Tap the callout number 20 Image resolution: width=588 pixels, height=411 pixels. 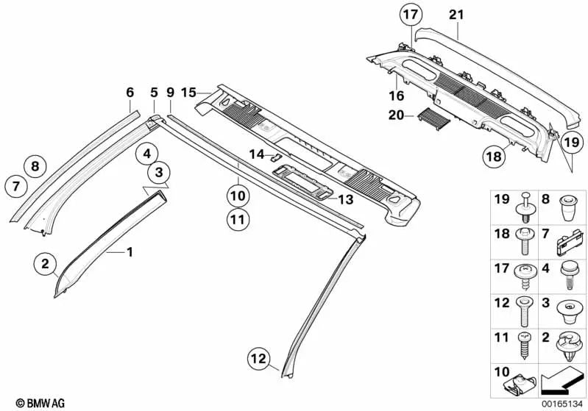[395, 115]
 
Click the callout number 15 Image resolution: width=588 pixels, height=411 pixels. [188, 93]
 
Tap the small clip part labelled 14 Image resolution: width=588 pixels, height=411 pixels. [274, 156]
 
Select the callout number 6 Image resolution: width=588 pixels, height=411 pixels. [130, 93]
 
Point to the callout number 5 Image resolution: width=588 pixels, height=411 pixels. [154, 93]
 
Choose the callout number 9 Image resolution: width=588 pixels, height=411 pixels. [170, 93]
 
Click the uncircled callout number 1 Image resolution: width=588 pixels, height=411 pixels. [130, 252]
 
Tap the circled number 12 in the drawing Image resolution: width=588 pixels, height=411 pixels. [257, 358]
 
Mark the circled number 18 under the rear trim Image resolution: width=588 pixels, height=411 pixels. [495, 156]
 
